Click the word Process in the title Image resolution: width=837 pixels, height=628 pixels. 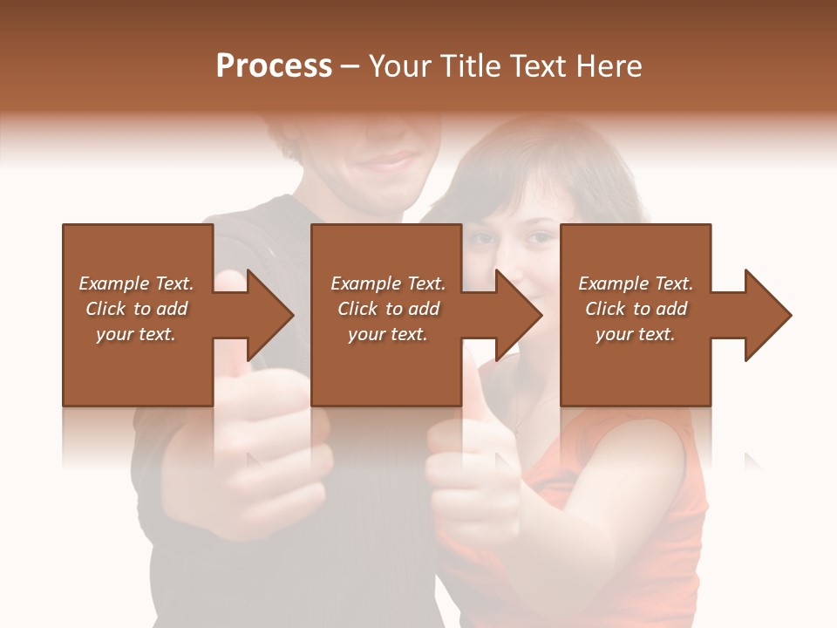pyautogui.click(x=274, y=66)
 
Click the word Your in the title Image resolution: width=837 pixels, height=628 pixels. pyautogui.click(x=398, y=66)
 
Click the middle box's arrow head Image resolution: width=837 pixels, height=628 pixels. pyautogui.click(x=518, y=315)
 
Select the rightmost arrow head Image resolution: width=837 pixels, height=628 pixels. pyautogui.click(x=767, y=315)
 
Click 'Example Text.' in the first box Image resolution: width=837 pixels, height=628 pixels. pyautogui.click(x=136, y=283)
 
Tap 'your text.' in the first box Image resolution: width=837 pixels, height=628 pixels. pyautogui.click(x=136, y=334)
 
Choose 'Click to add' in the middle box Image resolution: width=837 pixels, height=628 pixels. pyautogui.click(x=388, y=309)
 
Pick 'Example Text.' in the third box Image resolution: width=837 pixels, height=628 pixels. pyautogui.click(x=636, y=283)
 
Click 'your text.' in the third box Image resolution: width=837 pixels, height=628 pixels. pyautogui.click(x=636, y=334)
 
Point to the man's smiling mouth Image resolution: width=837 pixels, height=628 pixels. pyautogui.click(x=384, y=162)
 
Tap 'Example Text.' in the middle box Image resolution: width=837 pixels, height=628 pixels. pyautogui.click(x=388, y=283)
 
